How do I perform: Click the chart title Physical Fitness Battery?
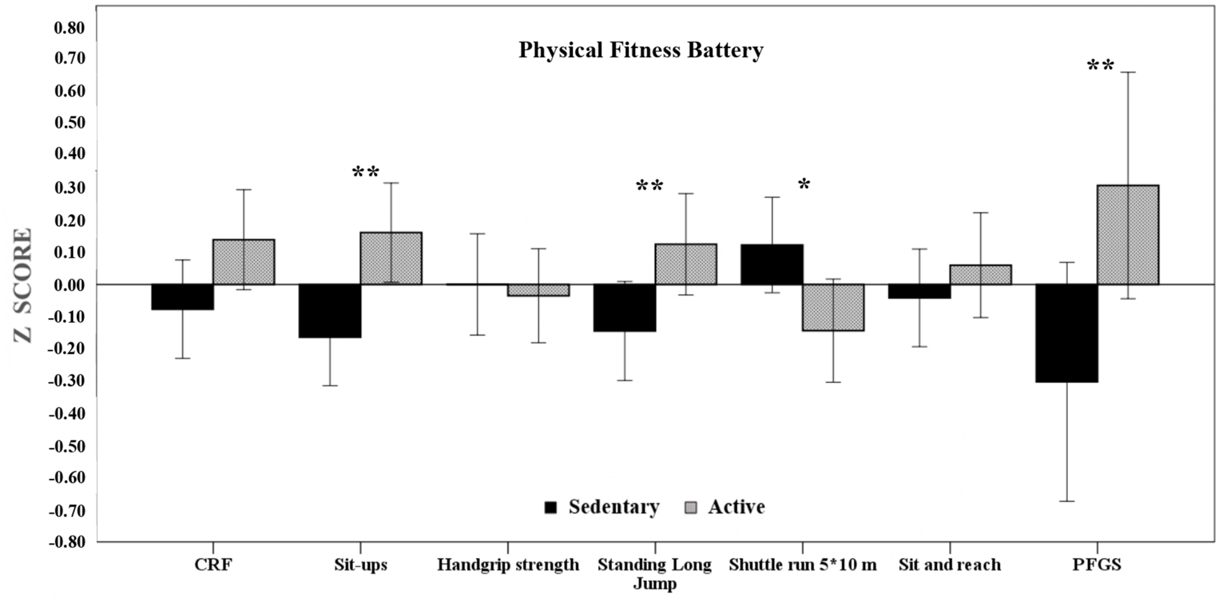(641, 50)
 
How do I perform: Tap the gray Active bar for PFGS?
(1128, 235)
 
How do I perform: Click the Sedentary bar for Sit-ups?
(330, 311)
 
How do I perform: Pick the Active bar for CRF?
(244, 262)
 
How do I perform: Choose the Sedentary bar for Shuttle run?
(772, 265)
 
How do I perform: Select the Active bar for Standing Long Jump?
(686, 264)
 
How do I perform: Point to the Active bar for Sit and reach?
(980, 275)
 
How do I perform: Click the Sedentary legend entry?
(602, 507)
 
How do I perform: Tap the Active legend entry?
(725, 507)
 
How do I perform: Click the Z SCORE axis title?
(23, 285)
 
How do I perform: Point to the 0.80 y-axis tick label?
(69, 28)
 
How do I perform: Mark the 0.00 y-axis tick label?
(69, 285)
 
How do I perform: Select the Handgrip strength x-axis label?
(508, 565)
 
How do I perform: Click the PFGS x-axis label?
(1097, 565)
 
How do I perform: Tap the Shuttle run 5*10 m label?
(802, 565)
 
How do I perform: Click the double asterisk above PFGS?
(1100, 65)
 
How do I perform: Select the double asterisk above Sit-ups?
(366, 173)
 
